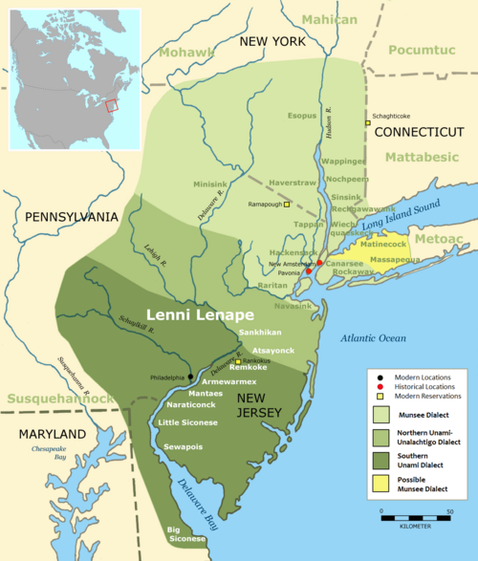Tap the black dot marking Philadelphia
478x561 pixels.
[x=190, y=376]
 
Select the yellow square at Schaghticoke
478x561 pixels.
[x=367, y=122]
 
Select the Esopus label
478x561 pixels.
[x=302, y=117]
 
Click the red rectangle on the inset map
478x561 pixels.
[x=112, y=107]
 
